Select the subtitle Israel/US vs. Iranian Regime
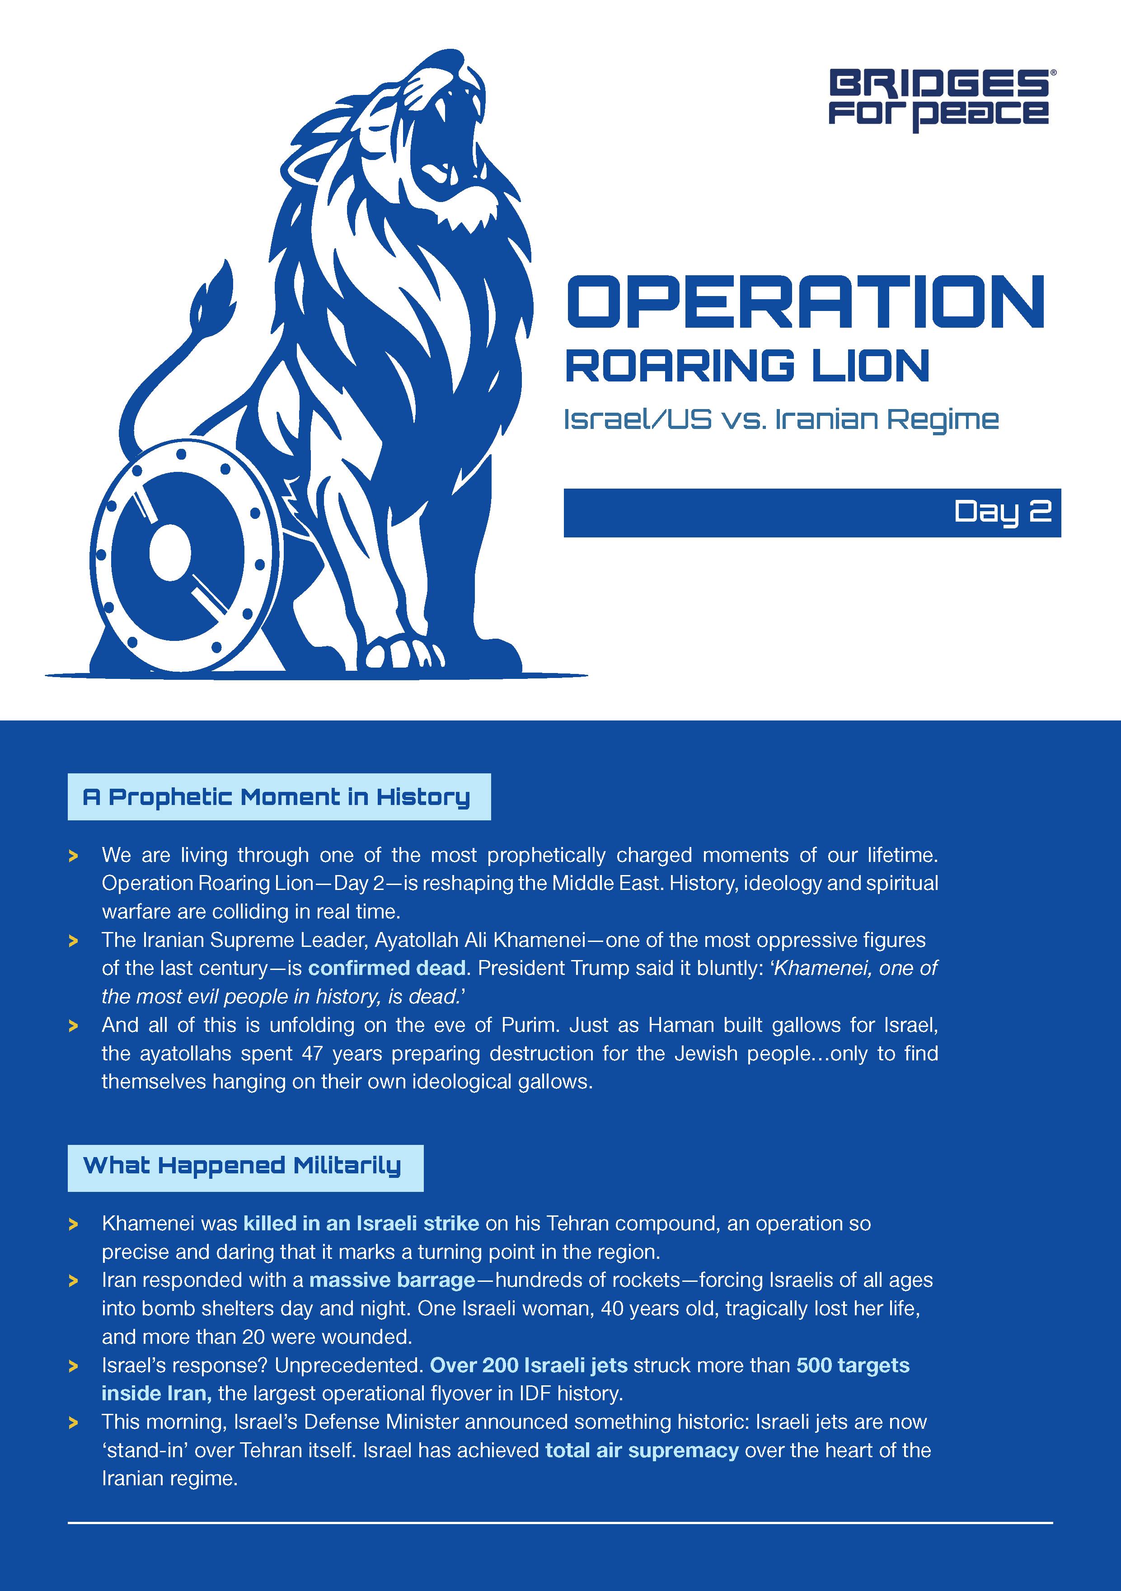pyautogui.click(x=781, y=419)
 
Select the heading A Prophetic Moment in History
pyautogui.click(x=277, y=797)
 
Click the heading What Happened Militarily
pyautogui.click(x=243, y=1166)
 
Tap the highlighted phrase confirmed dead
pyautogui.click(x=387, y=968)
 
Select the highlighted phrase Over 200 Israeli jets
pyautogui.click(x=529, y=1365)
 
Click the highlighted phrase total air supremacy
pyautogui.click(x=642, y=1450)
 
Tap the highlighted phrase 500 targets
pyautogui.click(x=853, y=1365)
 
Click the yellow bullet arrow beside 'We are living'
pyautogui.click(x=73, y=857)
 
